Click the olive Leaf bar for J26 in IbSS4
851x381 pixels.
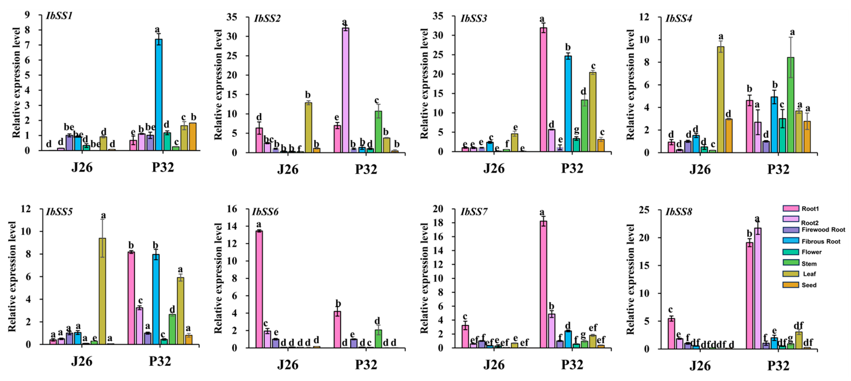[720, 99]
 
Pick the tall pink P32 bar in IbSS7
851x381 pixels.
[543, 284]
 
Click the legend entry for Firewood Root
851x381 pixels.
[823, 229]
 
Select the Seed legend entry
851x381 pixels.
[809, 285]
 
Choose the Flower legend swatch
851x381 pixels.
[791, 252]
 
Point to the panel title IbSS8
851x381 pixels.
[678, 212]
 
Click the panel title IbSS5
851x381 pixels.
[59, 211]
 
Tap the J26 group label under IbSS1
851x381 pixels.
[82, 167]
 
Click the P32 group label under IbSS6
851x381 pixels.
[366, 365]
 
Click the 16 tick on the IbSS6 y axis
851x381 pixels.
[232, 209]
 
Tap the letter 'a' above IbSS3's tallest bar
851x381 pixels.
[542, 19]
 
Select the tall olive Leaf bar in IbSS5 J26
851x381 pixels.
[102, 291]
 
